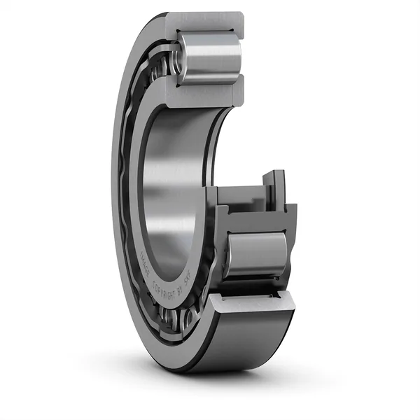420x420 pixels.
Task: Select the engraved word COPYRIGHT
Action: click(x=168, y=288)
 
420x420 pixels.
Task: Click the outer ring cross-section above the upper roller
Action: click(x=210, y=21)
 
